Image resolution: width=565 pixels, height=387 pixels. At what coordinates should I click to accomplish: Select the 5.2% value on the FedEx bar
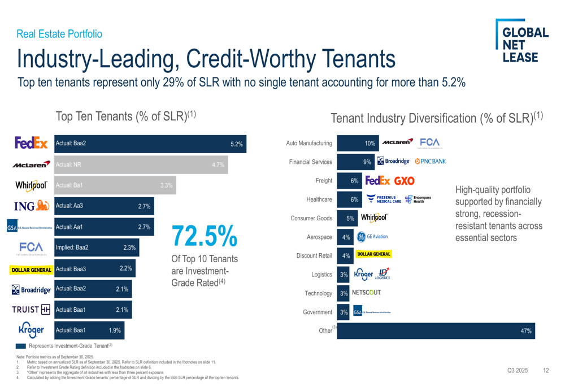(x=236, y=144)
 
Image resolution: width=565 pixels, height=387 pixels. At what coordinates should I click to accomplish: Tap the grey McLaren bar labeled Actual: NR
(x=141, y=164)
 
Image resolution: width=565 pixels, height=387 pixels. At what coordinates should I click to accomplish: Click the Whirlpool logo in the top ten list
(x=31, y=185)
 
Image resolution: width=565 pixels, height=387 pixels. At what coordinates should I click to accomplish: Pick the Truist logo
(x=31, y=310)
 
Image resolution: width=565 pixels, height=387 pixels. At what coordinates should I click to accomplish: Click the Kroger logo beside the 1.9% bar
(x=31, y=329)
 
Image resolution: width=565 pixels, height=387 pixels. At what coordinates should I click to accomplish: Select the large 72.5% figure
(x=204, y=236)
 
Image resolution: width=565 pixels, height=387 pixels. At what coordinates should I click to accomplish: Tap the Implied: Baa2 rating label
(x=72, y=247)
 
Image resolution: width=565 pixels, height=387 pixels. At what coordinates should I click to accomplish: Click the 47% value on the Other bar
(x=525, y=331)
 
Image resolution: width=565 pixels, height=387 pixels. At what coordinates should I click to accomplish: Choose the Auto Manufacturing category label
(x=309, y=144)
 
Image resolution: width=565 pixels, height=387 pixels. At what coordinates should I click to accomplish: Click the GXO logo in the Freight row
(x=404, y=181)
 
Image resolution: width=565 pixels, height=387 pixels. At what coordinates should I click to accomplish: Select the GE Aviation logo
(x=372, y=237)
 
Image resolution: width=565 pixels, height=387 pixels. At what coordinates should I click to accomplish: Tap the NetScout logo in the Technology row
(x=366, y=293)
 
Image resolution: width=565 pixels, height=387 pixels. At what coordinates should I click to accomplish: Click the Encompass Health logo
(x=418, y=199)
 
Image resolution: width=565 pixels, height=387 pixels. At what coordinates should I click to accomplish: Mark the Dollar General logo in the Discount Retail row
(x=373, y=254)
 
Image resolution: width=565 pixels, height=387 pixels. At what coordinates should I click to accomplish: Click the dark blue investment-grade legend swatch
(x=21, y=346)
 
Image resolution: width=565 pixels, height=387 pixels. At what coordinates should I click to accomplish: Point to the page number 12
(x=545, y=371)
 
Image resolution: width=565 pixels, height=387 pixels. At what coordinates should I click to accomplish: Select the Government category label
(x=317, y=312)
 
